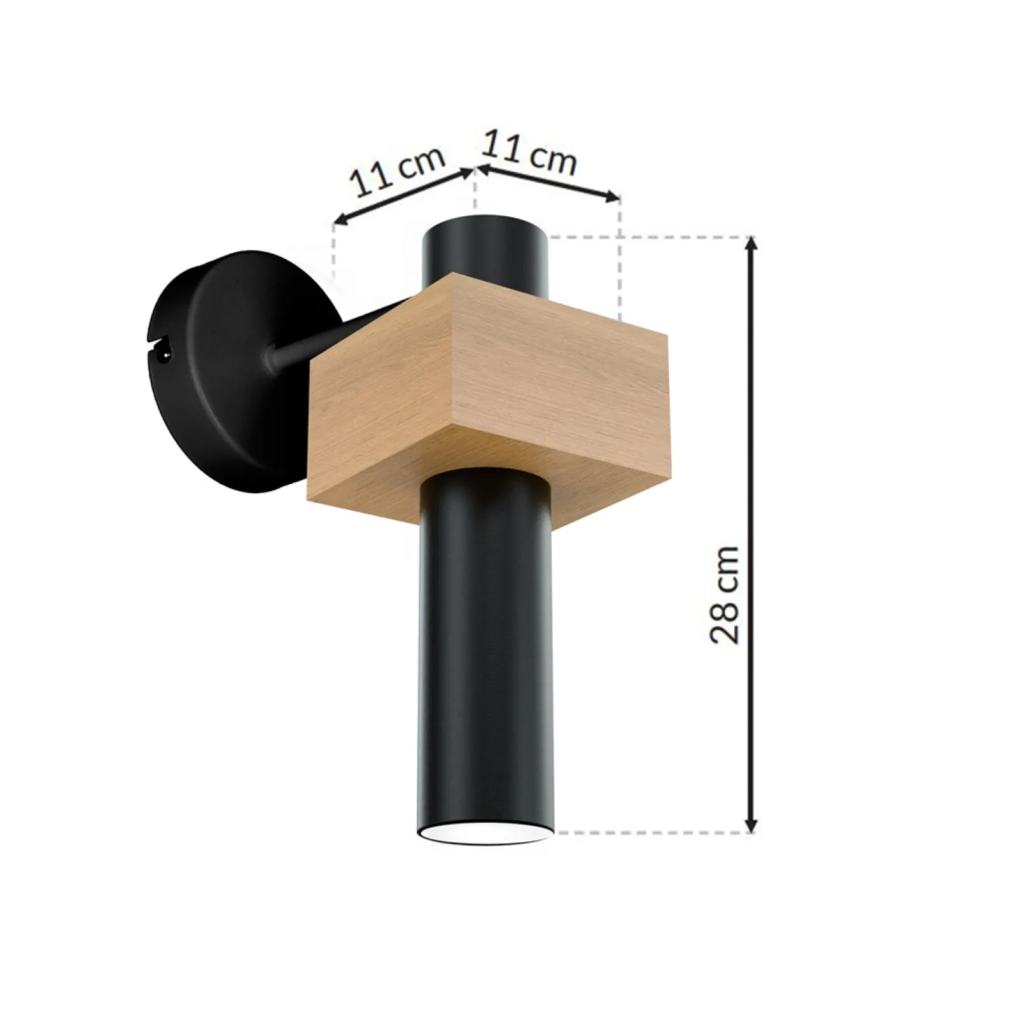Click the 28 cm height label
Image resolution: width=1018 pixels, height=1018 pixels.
coord(725,595)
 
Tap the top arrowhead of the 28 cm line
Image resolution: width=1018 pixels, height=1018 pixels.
coord(752,246)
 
